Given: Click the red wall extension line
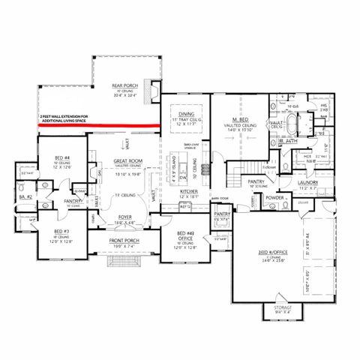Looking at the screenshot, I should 97,125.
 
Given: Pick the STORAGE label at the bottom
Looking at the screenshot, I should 283,307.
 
